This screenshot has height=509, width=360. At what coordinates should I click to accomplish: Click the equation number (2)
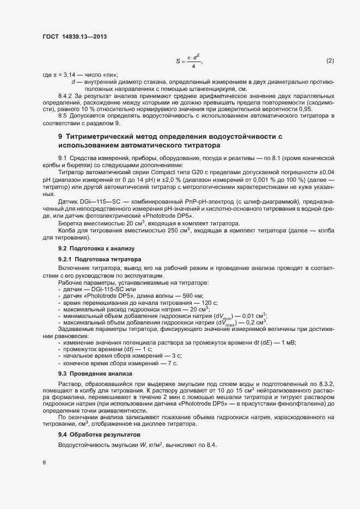[330, 60]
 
